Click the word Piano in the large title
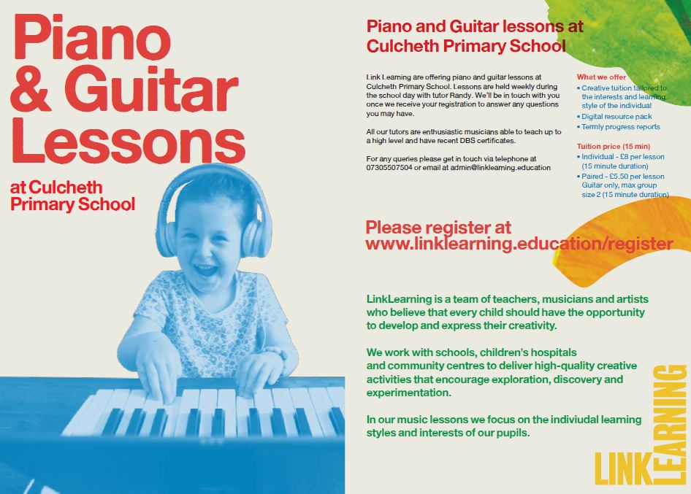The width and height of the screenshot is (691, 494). [x=92, y=38]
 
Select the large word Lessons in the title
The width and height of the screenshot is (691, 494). [x=128, y=142]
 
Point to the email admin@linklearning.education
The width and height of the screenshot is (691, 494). [x=500, y=168]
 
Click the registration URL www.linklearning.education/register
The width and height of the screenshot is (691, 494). [x=519, y=244]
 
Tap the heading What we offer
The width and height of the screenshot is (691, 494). [x=601, y=77]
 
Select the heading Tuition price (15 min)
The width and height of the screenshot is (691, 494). [x=614, y=146]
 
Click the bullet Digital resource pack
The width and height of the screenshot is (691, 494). [x=616, y=117]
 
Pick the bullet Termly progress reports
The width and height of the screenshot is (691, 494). [x=620, y=127]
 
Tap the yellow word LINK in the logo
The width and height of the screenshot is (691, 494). [x=623, y=468]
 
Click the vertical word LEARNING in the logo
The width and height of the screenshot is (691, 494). [x=669, y=425]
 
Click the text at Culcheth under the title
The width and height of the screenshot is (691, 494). [x=56, y=188]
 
